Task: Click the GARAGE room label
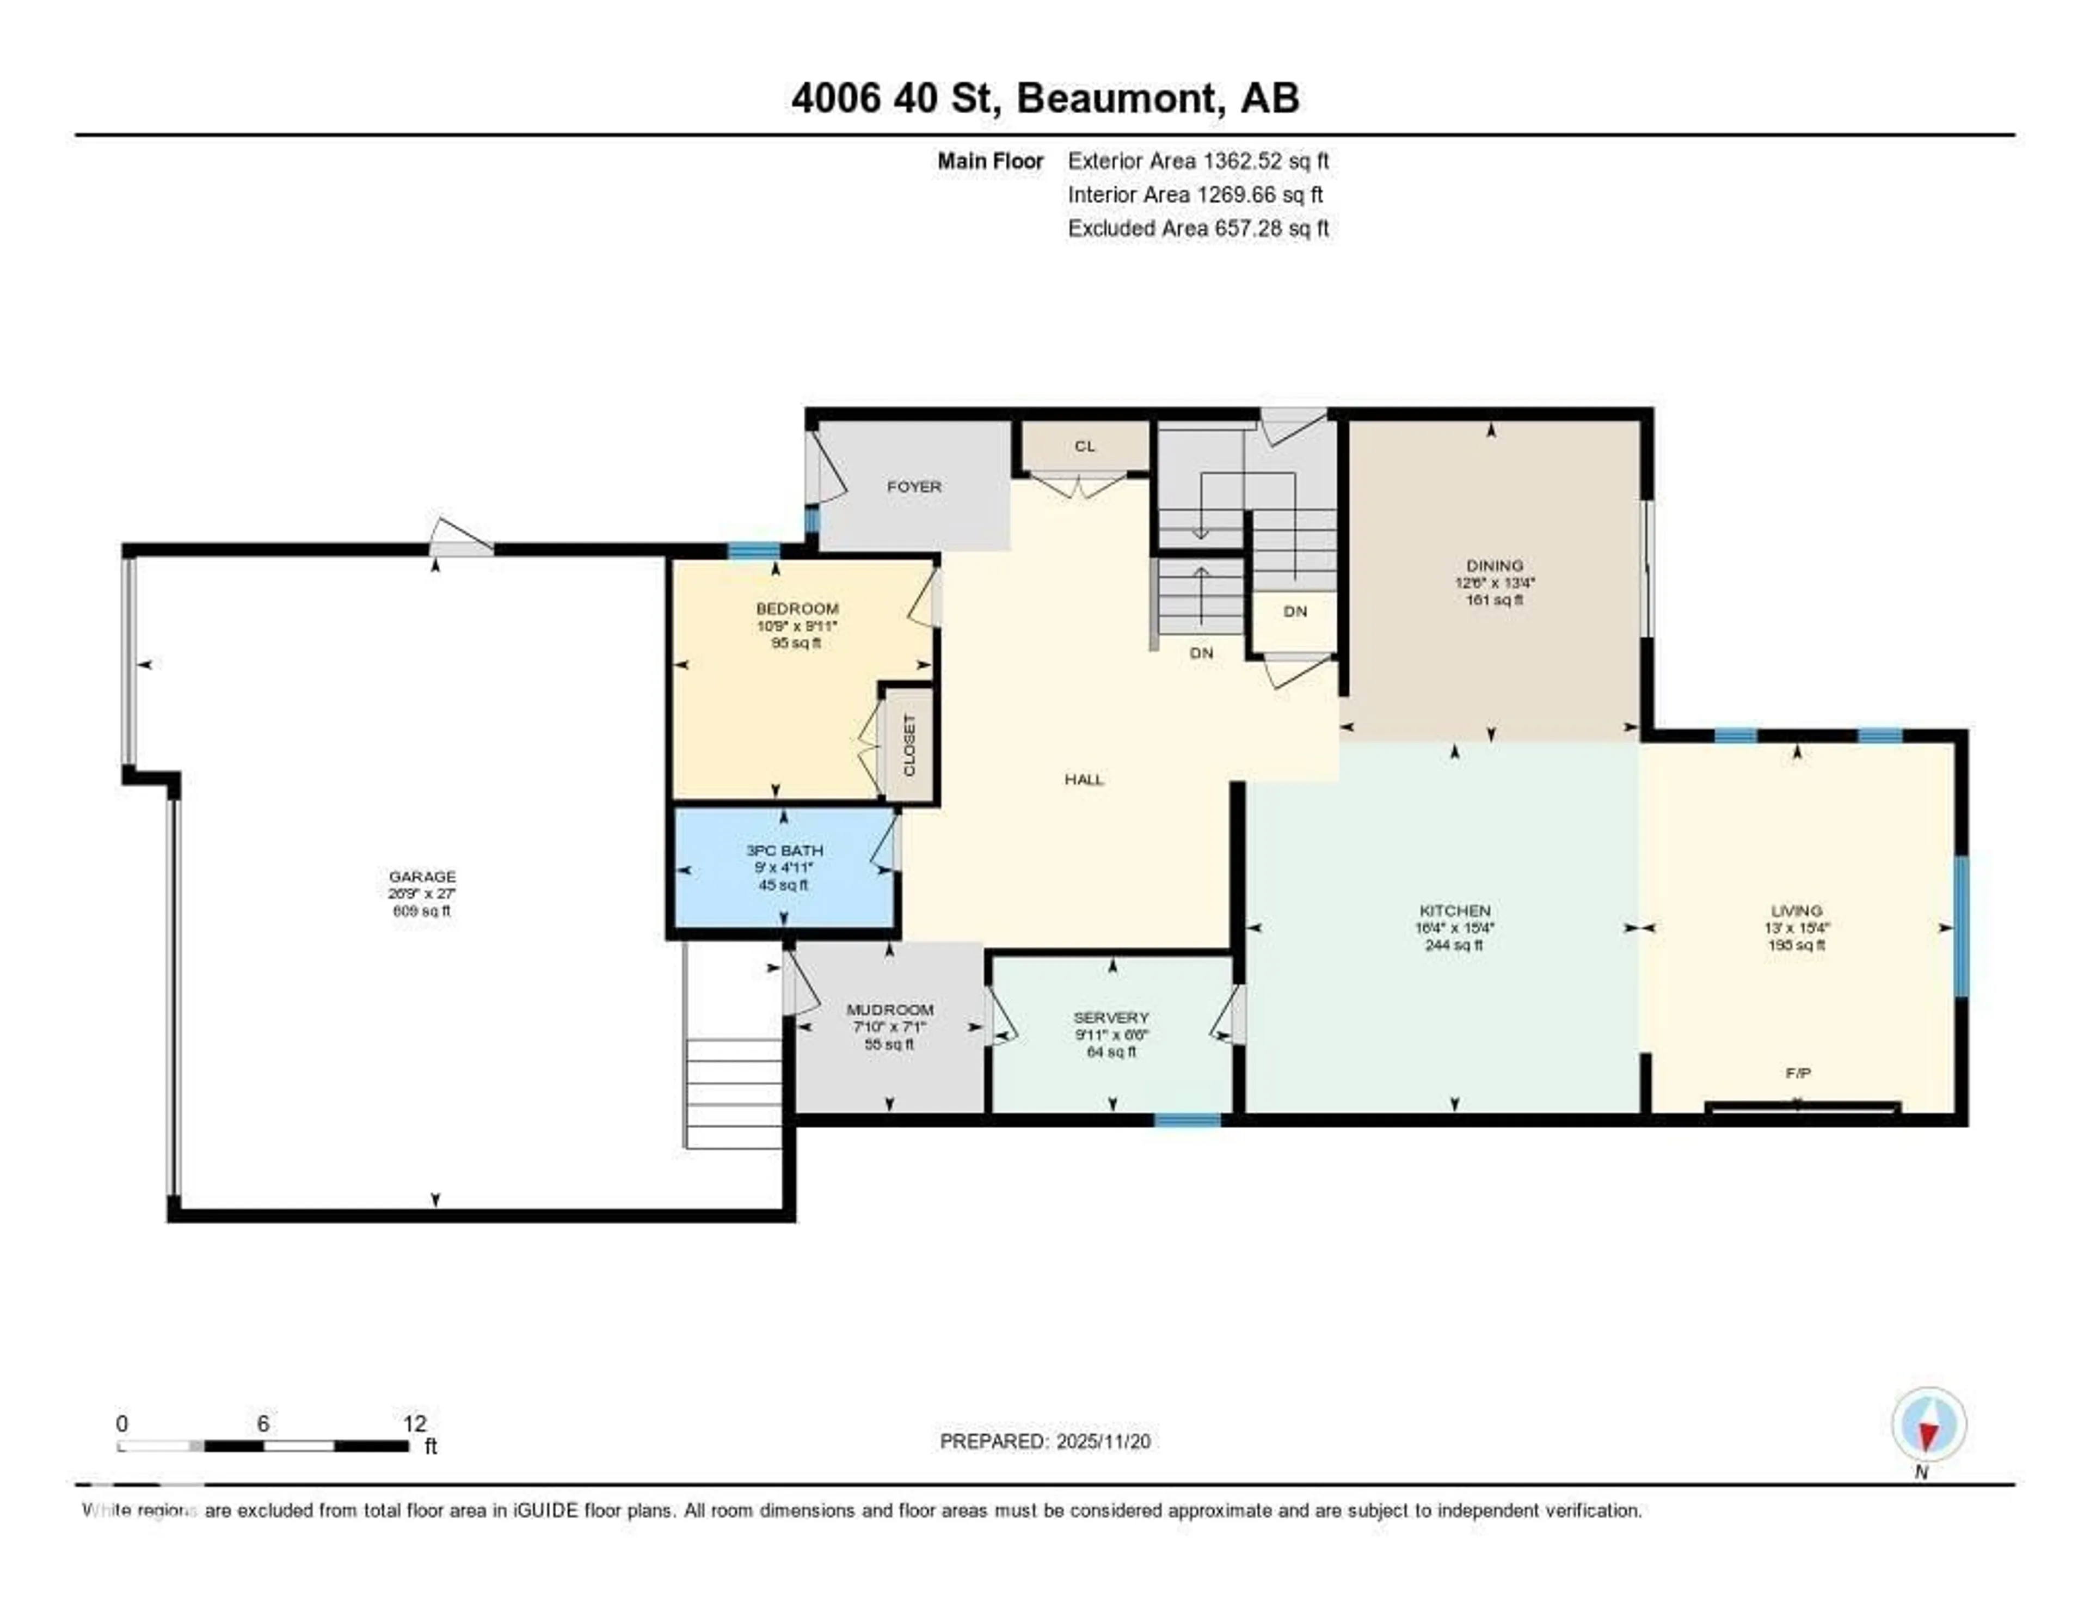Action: coord(422,876)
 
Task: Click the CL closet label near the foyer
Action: coord(1084,446)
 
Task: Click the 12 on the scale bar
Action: coord(414,1423)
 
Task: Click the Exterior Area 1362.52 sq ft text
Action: coord(1198,161)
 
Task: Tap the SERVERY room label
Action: coord(1111,1018)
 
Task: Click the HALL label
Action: coord(1084,779)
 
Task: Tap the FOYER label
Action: coord(914,486)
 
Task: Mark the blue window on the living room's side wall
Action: coord(1960,927)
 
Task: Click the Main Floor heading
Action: coord(989,161)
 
